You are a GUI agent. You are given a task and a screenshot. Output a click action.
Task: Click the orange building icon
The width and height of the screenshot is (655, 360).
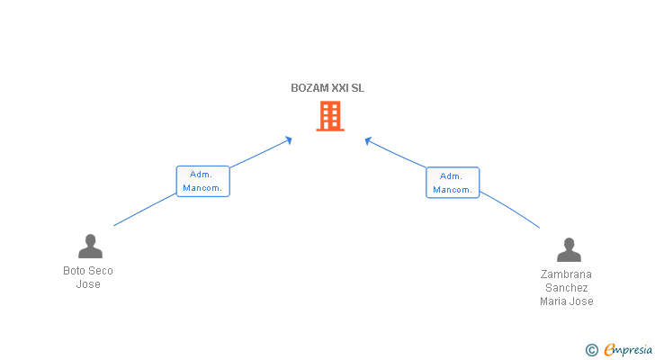(330, 116)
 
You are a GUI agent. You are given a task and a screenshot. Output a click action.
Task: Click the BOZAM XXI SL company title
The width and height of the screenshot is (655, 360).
(327, 88)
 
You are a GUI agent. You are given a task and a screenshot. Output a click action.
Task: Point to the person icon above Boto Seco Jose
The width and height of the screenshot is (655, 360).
(90, 246)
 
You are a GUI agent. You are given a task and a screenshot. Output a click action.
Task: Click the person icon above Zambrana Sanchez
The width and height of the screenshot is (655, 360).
(569, 249)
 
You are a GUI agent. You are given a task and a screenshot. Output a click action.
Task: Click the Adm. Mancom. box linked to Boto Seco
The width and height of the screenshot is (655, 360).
(203, 181)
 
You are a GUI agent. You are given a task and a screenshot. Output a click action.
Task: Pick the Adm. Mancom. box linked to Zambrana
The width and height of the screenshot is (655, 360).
(453, 183)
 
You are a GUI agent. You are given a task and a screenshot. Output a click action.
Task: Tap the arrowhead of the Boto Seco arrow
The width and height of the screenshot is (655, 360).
(289, 139)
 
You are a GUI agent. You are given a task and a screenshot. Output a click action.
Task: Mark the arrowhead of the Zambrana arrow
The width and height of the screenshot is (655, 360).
(368, 140)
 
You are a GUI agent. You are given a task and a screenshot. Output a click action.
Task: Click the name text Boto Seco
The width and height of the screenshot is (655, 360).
(88, 271)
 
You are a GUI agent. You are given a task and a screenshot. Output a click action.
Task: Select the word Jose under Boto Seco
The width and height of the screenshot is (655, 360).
(88, 284)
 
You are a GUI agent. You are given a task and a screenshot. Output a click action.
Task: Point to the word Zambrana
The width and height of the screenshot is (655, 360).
(566, 274)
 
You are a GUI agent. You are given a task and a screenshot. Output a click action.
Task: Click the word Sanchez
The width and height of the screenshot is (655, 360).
(567, 288)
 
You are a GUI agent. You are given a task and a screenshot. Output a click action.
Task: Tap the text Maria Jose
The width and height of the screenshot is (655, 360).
(567, 301)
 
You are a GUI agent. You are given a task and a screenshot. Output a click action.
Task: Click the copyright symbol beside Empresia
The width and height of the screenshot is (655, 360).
(591, 350)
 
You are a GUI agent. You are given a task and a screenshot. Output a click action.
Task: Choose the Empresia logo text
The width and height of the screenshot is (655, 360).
(628, 350)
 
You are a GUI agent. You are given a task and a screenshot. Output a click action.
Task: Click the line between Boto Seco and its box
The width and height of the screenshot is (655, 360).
(145, 210)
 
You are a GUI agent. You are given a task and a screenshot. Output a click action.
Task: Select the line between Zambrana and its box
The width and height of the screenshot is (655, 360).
(510, 209)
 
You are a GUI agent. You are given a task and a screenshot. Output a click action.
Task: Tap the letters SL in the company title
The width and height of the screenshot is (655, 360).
(358, 88)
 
